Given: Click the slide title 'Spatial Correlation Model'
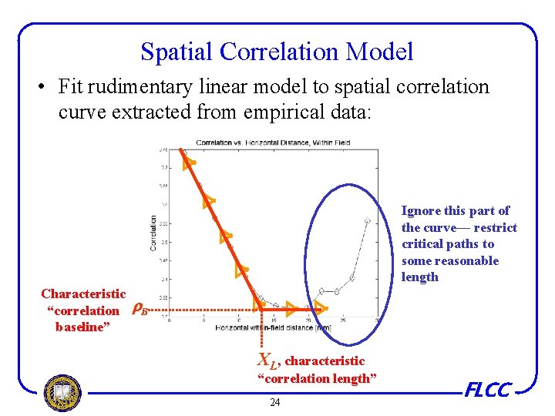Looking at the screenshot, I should tap(277, 52).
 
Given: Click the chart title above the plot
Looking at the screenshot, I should tap(272, 143).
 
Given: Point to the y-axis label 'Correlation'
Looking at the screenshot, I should tap(153, 232).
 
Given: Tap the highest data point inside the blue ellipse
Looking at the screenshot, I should tap(368, 221).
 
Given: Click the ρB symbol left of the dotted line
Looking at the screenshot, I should tap(139, 310).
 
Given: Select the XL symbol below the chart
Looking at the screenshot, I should tap(267, 360).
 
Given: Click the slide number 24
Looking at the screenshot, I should tap(275, 403).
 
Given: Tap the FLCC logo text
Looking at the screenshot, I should tap(488, 391).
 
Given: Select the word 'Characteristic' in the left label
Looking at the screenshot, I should tap(83, 294).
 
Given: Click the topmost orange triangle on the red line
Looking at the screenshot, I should tap(188, 162).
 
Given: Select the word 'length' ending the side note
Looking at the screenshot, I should tap(420, 277).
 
